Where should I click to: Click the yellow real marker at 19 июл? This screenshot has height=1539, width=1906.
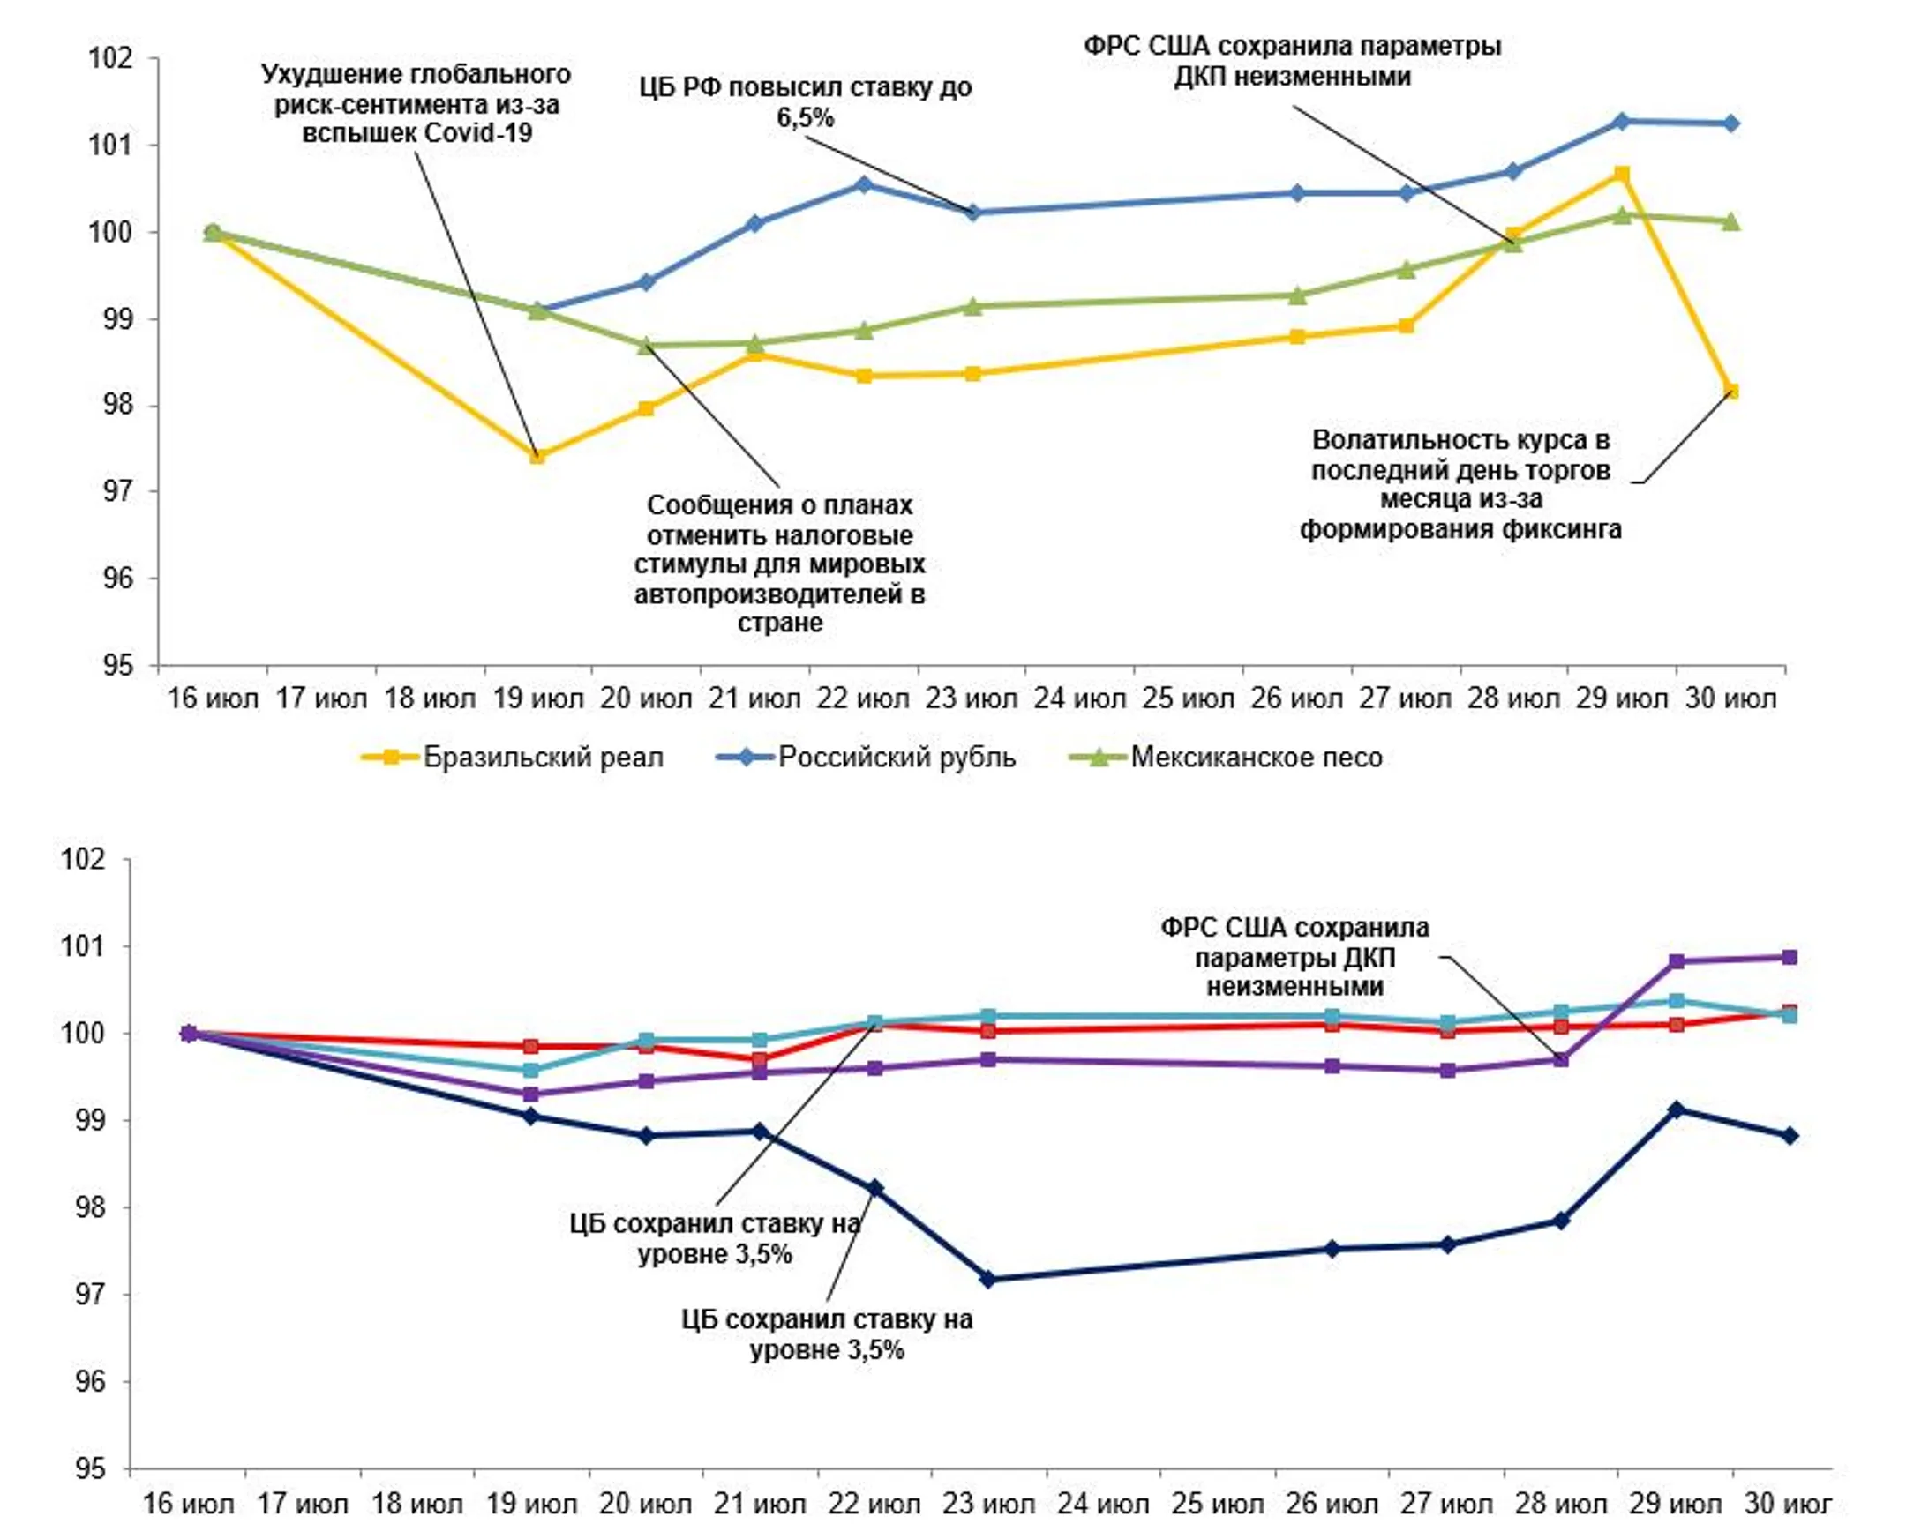537,457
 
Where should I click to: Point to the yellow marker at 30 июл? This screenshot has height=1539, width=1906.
1730,391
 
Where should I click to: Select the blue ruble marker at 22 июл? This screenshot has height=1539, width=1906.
864,184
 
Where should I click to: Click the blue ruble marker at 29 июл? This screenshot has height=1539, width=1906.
1621,122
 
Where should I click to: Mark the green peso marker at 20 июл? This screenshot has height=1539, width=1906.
646,345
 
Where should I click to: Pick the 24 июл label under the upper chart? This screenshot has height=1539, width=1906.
1079,699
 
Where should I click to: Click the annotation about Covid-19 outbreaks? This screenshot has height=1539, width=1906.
416,104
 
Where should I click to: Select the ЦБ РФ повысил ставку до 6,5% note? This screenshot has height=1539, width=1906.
806,102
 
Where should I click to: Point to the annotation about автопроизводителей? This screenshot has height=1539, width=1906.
779,564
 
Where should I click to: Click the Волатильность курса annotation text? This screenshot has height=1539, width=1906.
1460,485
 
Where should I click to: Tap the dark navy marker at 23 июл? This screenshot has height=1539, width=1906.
989,1279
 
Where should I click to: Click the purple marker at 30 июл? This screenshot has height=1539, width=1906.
1790,958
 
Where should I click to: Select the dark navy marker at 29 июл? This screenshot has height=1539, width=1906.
1677,1109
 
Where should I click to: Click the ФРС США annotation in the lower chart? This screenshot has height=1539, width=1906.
1294,958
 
